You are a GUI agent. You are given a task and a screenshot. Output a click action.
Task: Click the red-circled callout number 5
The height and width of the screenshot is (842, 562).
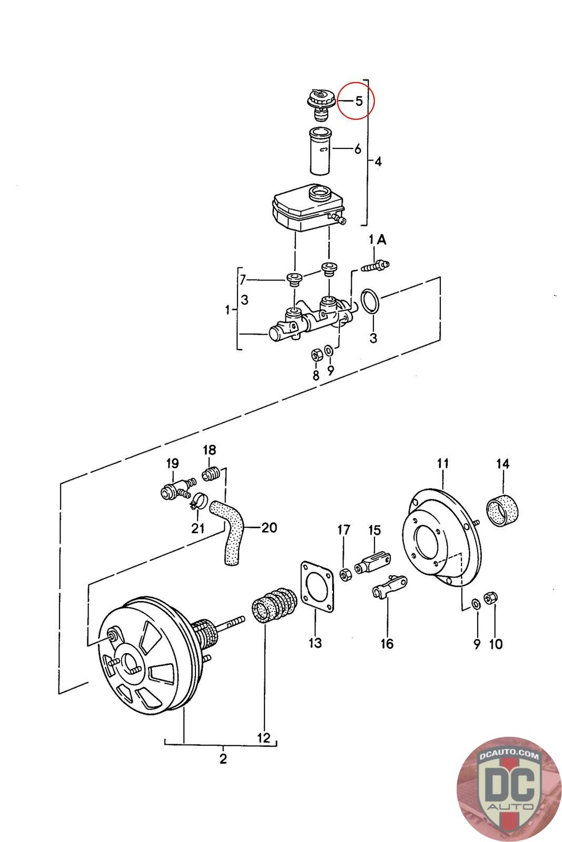pyautogui.click(x=359, y=101)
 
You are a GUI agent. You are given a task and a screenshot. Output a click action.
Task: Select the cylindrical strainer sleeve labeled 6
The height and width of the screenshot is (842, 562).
pyautogui.click(x=320, y=151)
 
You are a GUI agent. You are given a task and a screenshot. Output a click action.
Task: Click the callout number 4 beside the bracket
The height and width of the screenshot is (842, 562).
pyautogui.click(x=378, y=162)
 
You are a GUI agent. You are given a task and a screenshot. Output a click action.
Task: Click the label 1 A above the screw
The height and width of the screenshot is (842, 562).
pyautogui.click(x=377, y=239)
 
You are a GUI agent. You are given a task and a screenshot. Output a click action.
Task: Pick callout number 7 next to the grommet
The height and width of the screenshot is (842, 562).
pyautogui.click(x=243, y=279)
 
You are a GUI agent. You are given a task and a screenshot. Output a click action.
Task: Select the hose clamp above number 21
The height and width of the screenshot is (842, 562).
pyautogui.click(x=199, y=501)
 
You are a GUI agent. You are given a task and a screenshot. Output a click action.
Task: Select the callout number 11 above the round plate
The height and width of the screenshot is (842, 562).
pyautogui.click(x=443, y=464)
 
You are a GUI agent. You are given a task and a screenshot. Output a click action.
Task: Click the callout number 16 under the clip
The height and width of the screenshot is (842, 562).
pyautogui.click(x=387, y=644)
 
